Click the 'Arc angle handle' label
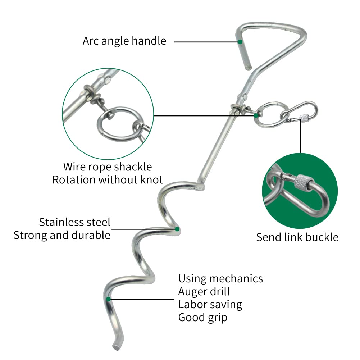pos(124,41)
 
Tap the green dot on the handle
pos(240,42)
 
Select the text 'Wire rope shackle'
pos(108,167)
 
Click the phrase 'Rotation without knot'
pos(108,180)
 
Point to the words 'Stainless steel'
pos(74,222)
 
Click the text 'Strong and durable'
pos(62,235)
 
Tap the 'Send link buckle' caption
pos(297,237)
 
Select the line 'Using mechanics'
pos(220,279)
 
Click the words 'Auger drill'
pos(204,292)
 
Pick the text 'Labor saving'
pos(210,305)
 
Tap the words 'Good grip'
pos(203,318)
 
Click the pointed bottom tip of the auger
pos(116,347)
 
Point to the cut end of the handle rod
pos(248,68)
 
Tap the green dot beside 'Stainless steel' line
pos(177,229)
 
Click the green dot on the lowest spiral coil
pos(108,299)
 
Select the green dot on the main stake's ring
pos(256,116)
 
